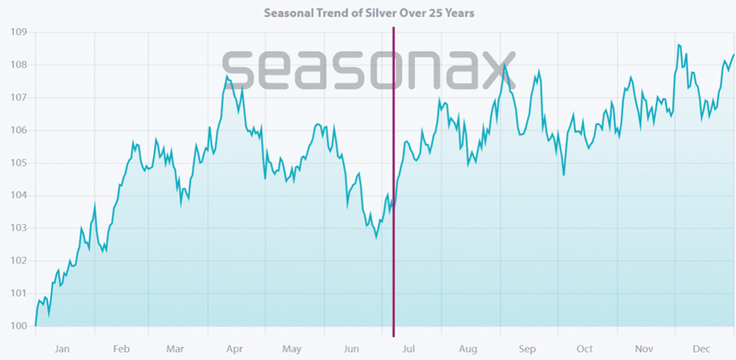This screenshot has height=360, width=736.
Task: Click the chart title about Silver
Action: tap(369, 13)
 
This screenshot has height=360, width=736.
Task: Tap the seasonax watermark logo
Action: tap(369, 70)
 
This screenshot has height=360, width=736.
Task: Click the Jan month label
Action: tap(62, 349)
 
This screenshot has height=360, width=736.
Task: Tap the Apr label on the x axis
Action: tap(235, 349)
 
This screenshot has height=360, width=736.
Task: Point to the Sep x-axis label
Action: tap(527, 349)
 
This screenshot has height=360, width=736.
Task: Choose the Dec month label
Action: tap(702, 349)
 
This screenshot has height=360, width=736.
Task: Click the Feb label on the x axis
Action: tap(122, 349)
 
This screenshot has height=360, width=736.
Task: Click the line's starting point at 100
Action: tap(35, 326)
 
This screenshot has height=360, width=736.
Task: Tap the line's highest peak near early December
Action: tap(678, 45)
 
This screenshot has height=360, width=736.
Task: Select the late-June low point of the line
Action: tap(376, 237)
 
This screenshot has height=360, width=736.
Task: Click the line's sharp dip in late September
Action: tap(563, 174)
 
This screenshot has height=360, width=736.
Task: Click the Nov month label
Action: tap(645, 349)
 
